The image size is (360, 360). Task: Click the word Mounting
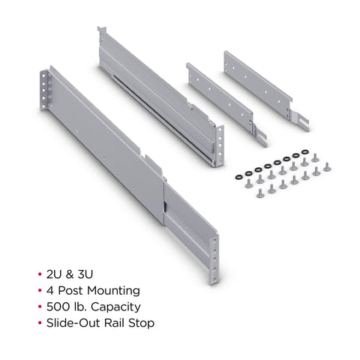click(113, 291)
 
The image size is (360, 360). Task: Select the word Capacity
click(115, 307)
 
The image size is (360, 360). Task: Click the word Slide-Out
click(73, 323)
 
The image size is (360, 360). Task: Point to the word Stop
click(141, 323)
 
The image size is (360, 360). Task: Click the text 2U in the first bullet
click(54, 274)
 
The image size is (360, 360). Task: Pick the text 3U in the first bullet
click(85, 274)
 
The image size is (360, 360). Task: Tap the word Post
click(70, 291)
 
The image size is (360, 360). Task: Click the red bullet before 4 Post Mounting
click(40, 290)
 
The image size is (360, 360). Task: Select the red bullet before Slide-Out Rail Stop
click(40, 323)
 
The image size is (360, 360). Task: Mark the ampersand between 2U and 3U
click(70, 274)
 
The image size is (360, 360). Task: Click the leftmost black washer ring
click(238, 177)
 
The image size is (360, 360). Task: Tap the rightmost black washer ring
click(305, 151)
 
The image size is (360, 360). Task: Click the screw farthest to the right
click(327, 167)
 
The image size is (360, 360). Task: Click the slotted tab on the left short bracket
click(259, 136)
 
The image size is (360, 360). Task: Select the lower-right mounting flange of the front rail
click(214, 259)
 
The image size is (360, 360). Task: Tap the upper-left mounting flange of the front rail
click(43, 90)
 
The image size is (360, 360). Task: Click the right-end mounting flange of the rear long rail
click(219, 145)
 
